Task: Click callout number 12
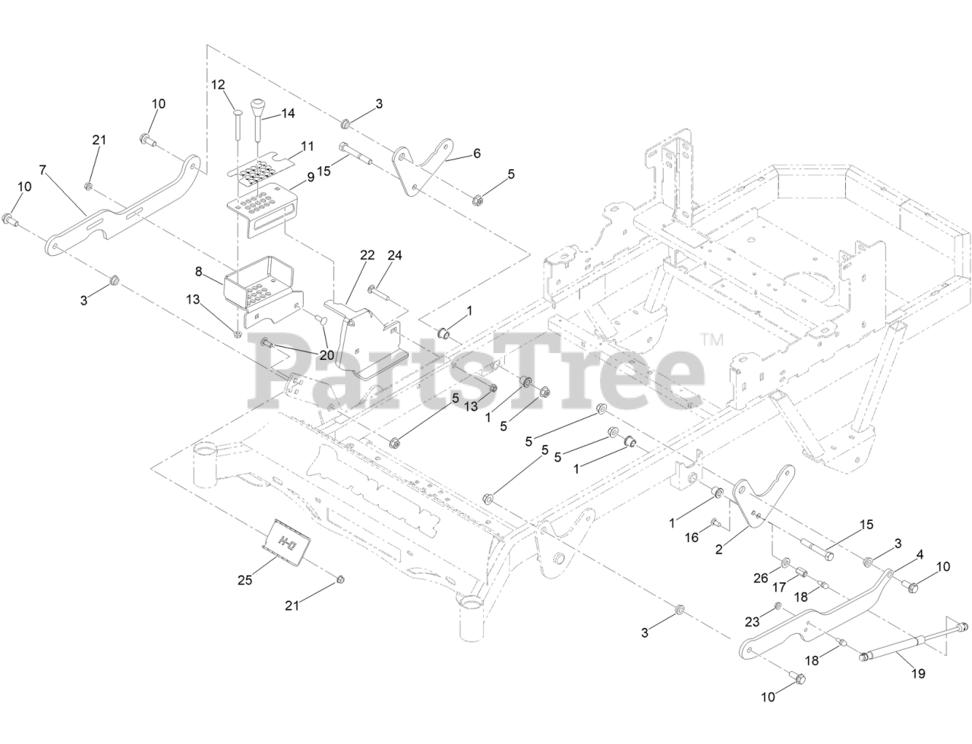[x=218, y=84]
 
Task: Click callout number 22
[x=368, y=255]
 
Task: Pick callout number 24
[x=395, y=255]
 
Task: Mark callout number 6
[x=477, y=153]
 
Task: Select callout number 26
[x=760, y=578]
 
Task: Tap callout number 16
[x=692, y=537]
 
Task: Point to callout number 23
[x=752, y=621]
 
